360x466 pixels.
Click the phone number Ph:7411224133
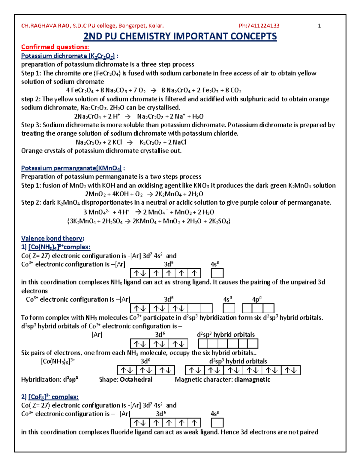[259, 26]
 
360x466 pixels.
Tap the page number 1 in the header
[319, 26]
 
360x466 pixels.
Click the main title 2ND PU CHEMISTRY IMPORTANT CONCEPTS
[180, 37]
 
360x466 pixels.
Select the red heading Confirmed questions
[55, 47]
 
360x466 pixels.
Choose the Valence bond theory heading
[52, 239]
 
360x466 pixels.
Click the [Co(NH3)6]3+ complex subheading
[55, 247]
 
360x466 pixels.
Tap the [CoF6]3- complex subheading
[49, 397]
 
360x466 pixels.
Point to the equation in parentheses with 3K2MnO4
[148, 221]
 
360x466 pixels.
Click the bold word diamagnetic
[252, 380]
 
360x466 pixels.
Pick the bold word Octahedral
[136, 380]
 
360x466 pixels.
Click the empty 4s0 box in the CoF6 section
[217, 423]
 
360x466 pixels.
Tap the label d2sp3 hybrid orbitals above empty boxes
[226, 335]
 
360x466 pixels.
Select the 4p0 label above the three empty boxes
[257, 299]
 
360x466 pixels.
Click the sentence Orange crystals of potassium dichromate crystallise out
[101, 151]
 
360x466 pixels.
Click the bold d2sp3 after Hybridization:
[71, 380]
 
